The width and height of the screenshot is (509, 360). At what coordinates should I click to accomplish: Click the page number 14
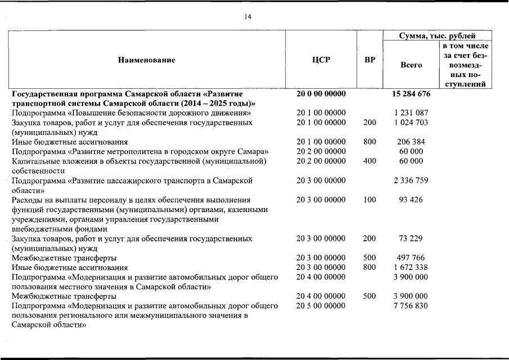248,17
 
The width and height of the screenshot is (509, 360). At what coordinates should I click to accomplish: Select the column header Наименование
146,60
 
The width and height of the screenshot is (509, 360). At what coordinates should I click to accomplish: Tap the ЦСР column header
321,60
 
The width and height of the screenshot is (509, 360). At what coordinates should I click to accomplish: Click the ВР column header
370,60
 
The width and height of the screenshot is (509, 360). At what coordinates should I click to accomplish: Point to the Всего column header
411,65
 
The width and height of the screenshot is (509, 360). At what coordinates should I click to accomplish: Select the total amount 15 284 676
411,94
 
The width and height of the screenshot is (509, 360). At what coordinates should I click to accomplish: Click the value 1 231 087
411,113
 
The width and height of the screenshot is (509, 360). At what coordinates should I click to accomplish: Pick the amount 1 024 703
411,123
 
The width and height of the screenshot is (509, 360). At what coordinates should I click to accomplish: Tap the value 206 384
411,142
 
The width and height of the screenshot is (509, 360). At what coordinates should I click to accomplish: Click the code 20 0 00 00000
321,94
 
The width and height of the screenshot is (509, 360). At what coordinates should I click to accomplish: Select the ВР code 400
370,161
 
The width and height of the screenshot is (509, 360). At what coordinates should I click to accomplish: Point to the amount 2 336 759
411,181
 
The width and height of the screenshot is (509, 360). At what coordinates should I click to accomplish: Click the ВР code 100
370,200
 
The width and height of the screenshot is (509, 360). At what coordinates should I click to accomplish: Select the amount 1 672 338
411,267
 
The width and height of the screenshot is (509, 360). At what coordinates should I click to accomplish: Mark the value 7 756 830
411,305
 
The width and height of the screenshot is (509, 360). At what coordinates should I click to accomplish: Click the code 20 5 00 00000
321,305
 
